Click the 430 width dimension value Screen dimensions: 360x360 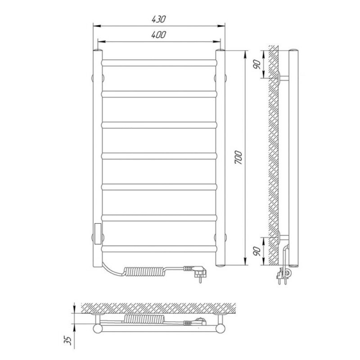click(159, 19)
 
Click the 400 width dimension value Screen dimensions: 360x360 click(159, 35)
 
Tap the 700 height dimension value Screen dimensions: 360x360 click(238, 157)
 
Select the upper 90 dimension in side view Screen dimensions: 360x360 click(257, 64)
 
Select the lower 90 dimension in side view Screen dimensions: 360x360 click(257, 251)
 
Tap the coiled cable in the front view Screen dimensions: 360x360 click(144, 271)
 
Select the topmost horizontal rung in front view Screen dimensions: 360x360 click(159, 63)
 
